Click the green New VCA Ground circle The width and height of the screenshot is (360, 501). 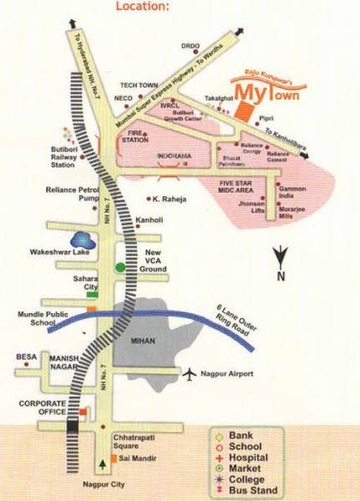point(120,267)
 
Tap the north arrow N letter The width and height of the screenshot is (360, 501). point(281,276)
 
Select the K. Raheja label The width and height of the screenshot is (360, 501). point(170,200)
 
